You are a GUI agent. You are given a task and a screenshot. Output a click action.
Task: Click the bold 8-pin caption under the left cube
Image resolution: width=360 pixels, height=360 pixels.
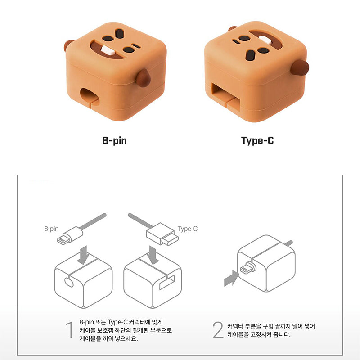(114, 140)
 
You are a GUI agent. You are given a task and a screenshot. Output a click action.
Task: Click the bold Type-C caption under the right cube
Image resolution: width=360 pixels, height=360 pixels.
(257, 140)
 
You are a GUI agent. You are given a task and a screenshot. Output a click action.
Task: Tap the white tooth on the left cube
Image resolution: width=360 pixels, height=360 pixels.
(108, 50)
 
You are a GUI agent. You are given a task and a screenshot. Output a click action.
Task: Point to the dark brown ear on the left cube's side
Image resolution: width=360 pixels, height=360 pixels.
(143, 78)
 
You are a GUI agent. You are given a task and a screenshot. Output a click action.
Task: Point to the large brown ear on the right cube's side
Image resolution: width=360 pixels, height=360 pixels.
(300, 68)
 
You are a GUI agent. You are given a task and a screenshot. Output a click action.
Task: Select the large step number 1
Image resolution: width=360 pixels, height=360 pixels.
(69, 330)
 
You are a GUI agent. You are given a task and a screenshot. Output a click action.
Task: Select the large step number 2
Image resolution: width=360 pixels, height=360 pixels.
(218, 330)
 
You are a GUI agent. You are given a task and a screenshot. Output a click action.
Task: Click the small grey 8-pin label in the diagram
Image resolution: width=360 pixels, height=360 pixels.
(51, 229)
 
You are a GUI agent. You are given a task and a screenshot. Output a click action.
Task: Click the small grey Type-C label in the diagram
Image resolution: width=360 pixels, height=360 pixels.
(188, 229)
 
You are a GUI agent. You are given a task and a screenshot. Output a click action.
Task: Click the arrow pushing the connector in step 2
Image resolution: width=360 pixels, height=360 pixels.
(231, 278)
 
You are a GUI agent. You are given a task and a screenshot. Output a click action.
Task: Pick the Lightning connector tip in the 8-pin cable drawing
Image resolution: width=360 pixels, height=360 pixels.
(62, 240)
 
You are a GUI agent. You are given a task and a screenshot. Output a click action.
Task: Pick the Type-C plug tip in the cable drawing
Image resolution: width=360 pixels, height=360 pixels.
(170, 239)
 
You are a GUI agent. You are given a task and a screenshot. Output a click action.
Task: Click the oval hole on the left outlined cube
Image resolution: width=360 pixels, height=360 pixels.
(69, 283)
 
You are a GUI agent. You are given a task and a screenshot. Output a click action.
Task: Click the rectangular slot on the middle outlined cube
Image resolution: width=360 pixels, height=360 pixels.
(167, 282)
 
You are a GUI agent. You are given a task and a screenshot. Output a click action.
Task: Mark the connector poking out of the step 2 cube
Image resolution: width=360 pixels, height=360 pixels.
(248, 267)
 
